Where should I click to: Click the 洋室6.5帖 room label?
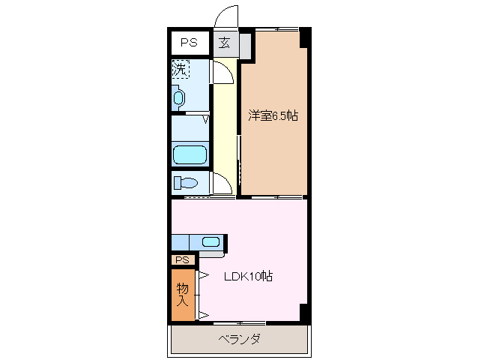click(x=273, y=115)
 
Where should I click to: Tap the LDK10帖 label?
click(x=249, y=276)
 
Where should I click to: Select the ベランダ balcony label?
click(x=240, y=339)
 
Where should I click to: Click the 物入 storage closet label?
click(x=182, y=294)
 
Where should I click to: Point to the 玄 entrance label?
click(x=225, y=43)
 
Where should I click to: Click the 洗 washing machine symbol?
click(x=180, y=70)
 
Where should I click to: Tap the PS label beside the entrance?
click(x=189, y=43)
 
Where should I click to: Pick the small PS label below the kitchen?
click(x=182, y=259)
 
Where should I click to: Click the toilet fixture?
click(x=186, y=182)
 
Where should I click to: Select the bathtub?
click(x=190, y=154)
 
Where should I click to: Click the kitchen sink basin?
click(x=211, y=241)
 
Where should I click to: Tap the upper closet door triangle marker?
click(x=202, y=276)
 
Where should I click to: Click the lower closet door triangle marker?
click(x=202, y=313)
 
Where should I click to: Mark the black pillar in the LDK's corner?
click(x=303, y=313)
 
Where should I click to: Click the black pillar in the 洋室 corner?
click(x=303, y=36)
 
